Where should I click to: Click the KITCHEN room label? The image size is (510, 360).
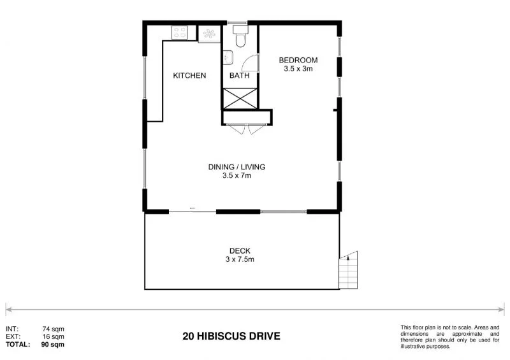point(189,76)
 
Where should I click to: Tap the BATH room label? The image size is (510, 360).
point(240,76)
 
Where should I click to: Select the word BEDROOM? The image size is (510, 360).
point(298,61)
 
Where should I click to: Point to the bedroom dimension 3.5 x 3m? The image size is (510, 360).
point(298,69)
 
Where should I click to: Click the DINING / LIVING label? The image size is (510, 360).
point(237,167)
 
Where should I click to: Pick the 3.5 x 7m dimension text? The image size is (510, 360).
point(237,176)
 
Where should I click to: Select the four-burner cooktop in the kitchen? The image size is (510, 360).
point(178,31)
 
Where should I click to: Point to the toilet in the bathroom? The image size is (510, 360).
point(240,37)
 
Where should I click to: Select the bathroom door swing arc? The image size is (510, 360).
point(251,62)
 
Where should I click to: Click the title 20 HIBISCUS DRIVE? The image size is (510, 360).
point(231,336)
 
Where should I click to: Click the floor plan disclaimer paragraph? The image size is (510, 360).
point(449,337)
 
